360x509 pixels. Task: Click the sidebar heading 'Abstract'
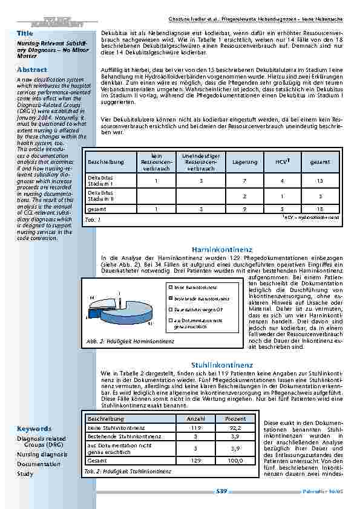30,70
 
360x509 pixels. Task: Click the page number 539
221,491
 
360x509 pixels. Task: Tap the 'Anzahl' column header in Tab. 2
195,419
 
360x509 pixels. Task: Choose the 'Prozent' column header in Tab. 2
235,419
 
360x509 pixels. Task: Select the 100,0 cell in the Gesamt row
235,461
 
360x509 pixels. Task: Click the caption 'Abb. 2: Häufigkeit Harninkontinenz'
130,342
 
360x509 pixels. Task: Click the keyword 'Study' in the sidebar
25,474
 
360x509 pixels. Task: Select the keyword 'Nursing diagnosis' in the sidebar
42,454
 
